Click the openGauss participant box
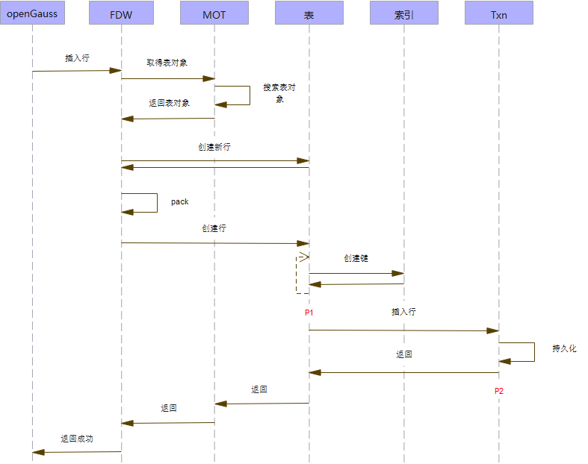(x=32, y=13)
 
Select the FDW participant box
(x=121, y=13)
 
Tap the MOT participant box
(x=214, y=13)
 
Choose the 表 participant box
(x=309, y=13)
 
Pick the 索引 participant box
(x=404, y=13)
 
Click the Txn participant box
(x=499, y=13)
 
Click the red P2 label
(x=499, y=390)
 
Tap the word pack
(x=179, y=202)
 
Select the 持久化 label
(x=564, y=348)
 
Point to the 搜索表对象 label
(x=279, y=93)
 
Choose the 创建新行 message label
(x=214, y=148)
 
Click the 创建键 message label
(x=356, y=258)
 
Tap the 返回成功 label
(x=77, y=439)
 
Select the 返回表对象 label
(x=170, y=103)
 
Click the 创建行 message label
(x=214, y=228)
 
